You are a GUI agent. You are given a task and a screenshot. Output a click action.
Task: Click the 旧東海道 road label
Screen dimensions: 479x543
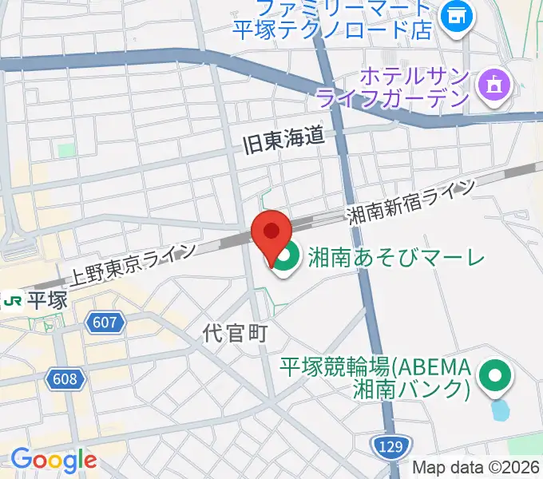point(285,138)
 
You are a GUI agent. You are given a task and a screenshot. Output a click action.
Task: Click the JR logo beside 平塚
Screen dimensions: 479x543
point(12,299)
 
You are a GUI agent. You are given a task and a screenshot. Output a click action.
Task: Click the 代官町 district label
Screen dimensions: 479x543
point(233,332)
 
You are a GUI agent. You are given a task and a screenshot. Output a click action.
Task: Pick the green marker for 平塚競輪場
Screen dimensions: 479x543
point(494,374)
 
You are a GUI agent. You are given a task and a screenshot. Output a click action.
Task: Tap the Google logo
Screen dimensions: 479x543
point(53,459)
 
